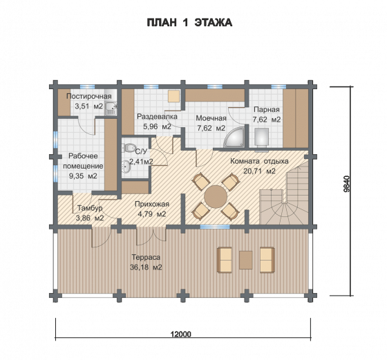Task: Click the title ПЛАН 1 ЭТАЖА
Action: [189, 22]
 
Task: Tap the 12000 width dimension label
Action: [181, 334]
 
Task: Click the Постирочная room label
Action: [89, 96]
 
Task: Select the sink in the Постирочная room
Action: [111, 108]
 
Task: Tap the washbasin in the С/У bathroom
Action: [126, 166]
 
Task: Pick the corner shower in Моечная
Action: [234, 138]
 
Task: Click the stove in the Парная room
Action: [261, 136]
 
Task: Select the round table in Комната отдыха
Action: [216, 197]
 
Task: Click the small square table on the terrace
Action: [245, 260]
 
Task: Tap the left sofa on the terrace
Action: [225, 260]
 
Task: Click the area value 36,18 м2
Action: [146, 267]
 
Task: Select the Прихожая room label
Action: [152, 204]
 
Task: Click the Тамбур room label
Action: [90, 208]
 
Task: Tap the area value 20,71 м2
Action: [259, 171]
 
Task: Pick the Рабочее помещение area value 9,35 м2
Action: [83, 176]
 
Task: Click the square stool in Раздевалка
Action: [173, 96]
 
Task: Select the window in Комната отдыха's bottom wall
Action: [215, 227]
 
